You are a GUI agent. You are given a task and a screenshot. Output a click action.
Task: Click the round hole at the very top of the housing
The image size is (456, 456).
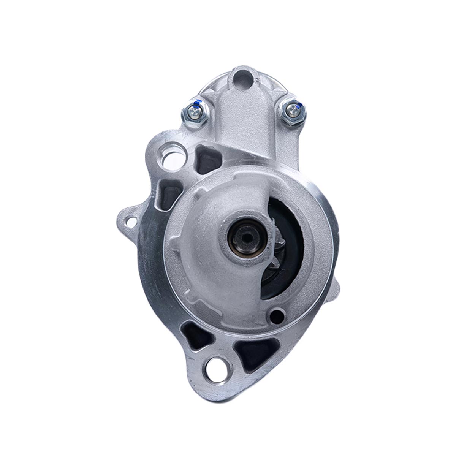(x=244, y=79)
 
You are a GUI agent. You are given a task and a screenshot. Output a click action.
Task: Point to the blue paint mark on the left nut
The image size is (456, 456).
(x=196, y=102)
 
